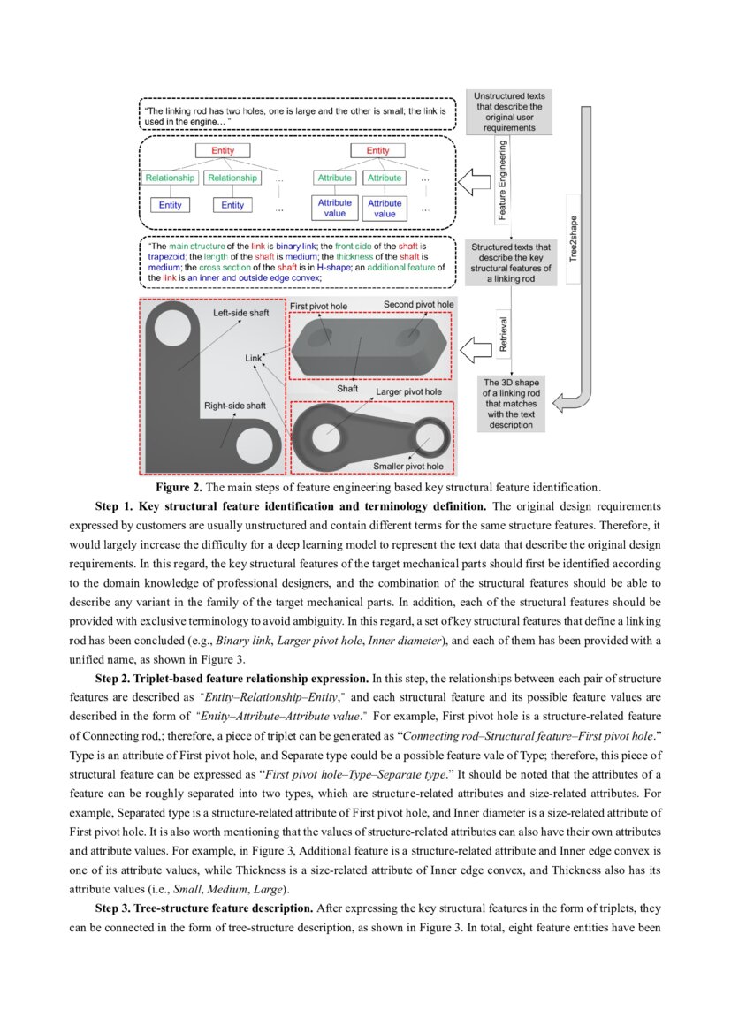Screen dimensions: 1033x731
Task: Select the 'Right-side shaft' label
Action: point(235,406)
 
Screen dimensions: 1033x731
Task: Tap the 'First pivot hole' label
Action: point(319,305)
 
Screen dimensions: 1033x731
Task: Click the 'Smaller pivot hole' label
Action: point(407,466)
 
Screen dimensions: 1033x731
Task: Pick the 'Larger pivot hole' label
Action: point(408,391)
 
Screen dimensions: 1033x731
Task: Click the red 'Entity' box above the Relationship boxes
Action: point(223,151)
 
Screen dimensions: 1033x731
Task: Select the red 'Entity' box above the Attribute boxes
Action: point(377,151)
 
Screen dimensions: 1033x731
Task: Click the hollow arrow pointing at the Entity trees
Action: point(475,183)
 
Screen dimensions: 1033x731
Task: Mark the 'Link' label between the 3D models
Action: point(255,358)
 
